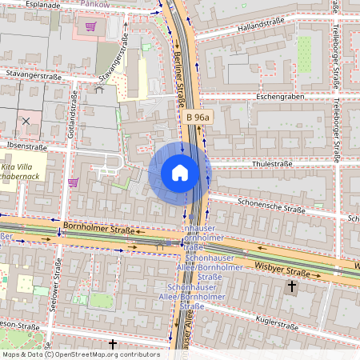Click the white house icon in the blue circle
pyautogui.click(x=180, y=173)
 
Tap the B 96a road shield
pyautogui.click(x=198, y=118)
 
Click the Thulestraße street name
pyautogui.click(x=273, y=163)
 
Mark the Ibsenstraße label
pyautogui.click(x=26, y=146)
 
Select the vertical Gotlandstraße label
pyautogui.click(x=74, y=114)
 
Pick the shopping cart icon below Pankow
pyautogui.click(x=90, y=26)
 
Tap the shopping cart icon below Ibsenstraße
pyautogui.click(x=73, y=182)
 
